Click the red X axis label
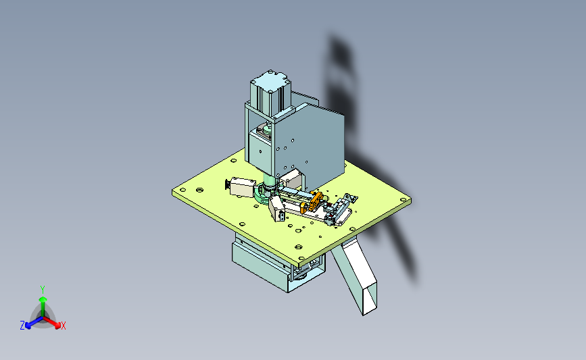pyautogui.click(x=63, y=326)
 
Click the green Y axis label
pyautogui.click(x=43, y=290)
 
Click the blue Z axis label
pyautogui.click(x=22, y=326)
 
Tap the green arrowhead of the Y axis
pyautogui.click(x=43, y=299)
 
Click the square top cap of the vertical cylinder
pyautogui.click(x=270, y=80)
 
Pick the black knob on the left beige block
pyautogui.click(x=227, y=185)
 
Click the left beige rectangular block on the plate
pyautogui.click(x=242, y=187)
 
